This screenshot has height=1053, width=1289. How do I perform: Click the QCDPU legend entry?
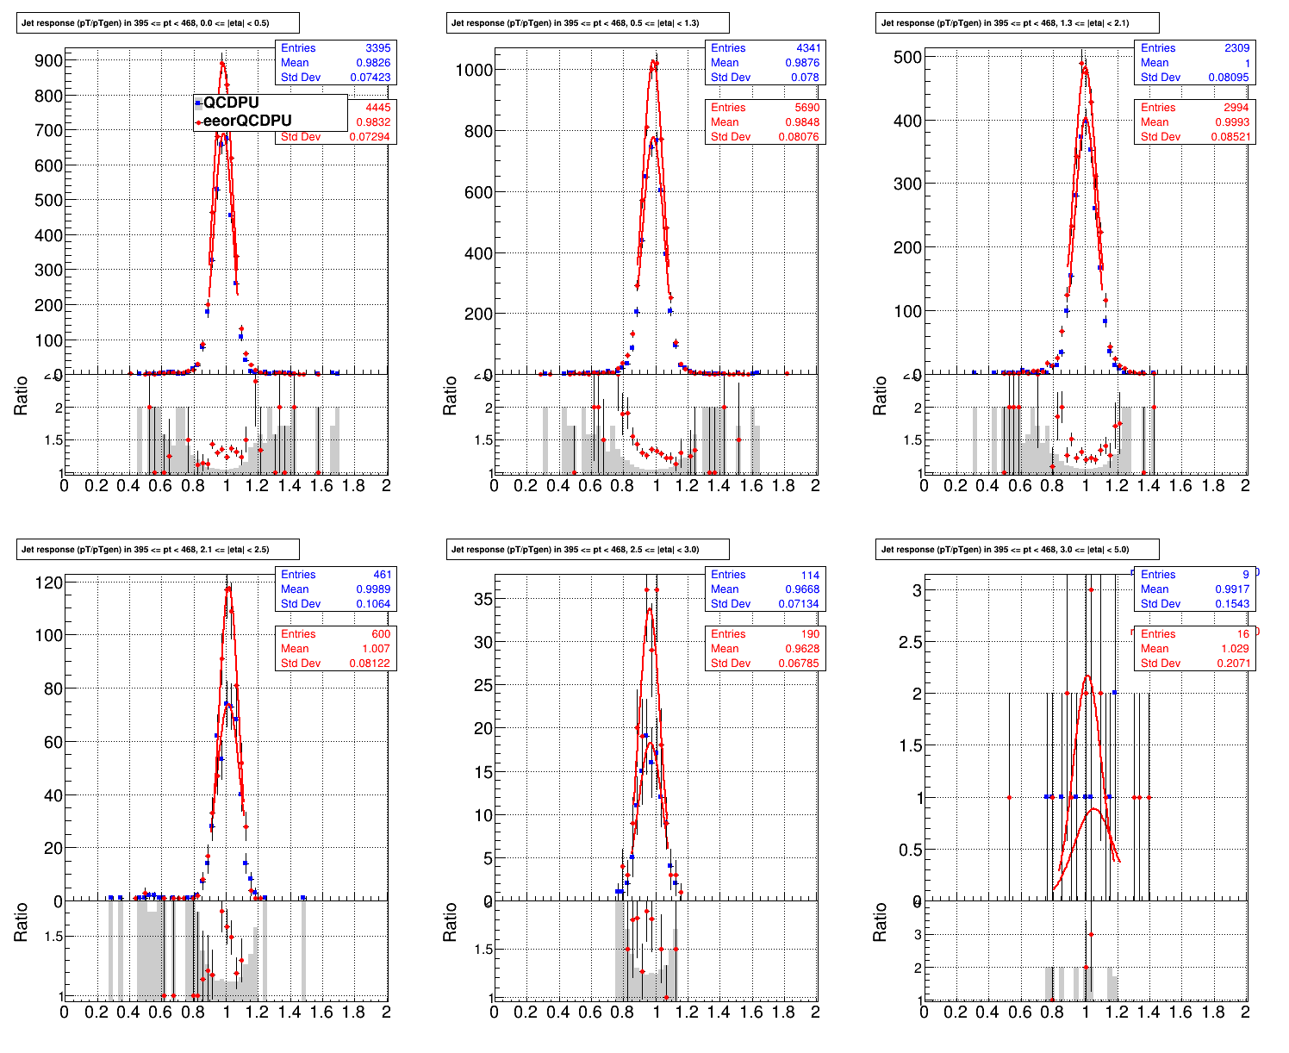point(230,103)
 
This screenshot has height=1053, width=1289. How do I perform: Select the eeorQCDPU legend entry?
point(246,121)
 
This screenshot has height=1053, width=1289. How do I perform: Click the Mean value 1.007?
point(376,649)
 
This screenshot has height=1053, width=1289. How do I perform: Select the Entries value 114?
point(810,575)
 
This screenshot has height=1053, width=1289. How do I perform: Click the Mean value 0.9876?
point(802,63)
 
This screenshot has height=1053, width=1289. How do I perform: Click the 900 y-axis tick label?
point(49,60)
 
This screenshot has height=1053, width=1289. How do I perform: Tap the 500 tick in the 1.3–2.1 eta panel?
point(908,57)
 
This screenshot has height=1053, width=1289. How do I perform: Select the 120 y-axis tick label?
point(49,583)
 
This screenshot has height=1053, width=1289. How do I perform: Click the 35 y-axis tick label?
point(483,598)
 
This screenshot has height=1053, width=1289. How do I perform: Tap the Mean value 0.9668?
point(802,589)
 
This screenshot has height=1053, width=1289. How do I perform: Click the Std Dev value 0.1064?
point(373,604)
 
